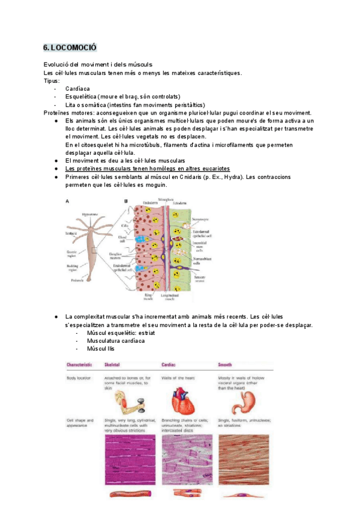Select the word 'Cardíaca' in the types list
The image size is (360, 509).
[79, 89]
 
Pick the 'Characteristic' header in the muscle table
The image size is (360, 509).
[79, 365]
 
